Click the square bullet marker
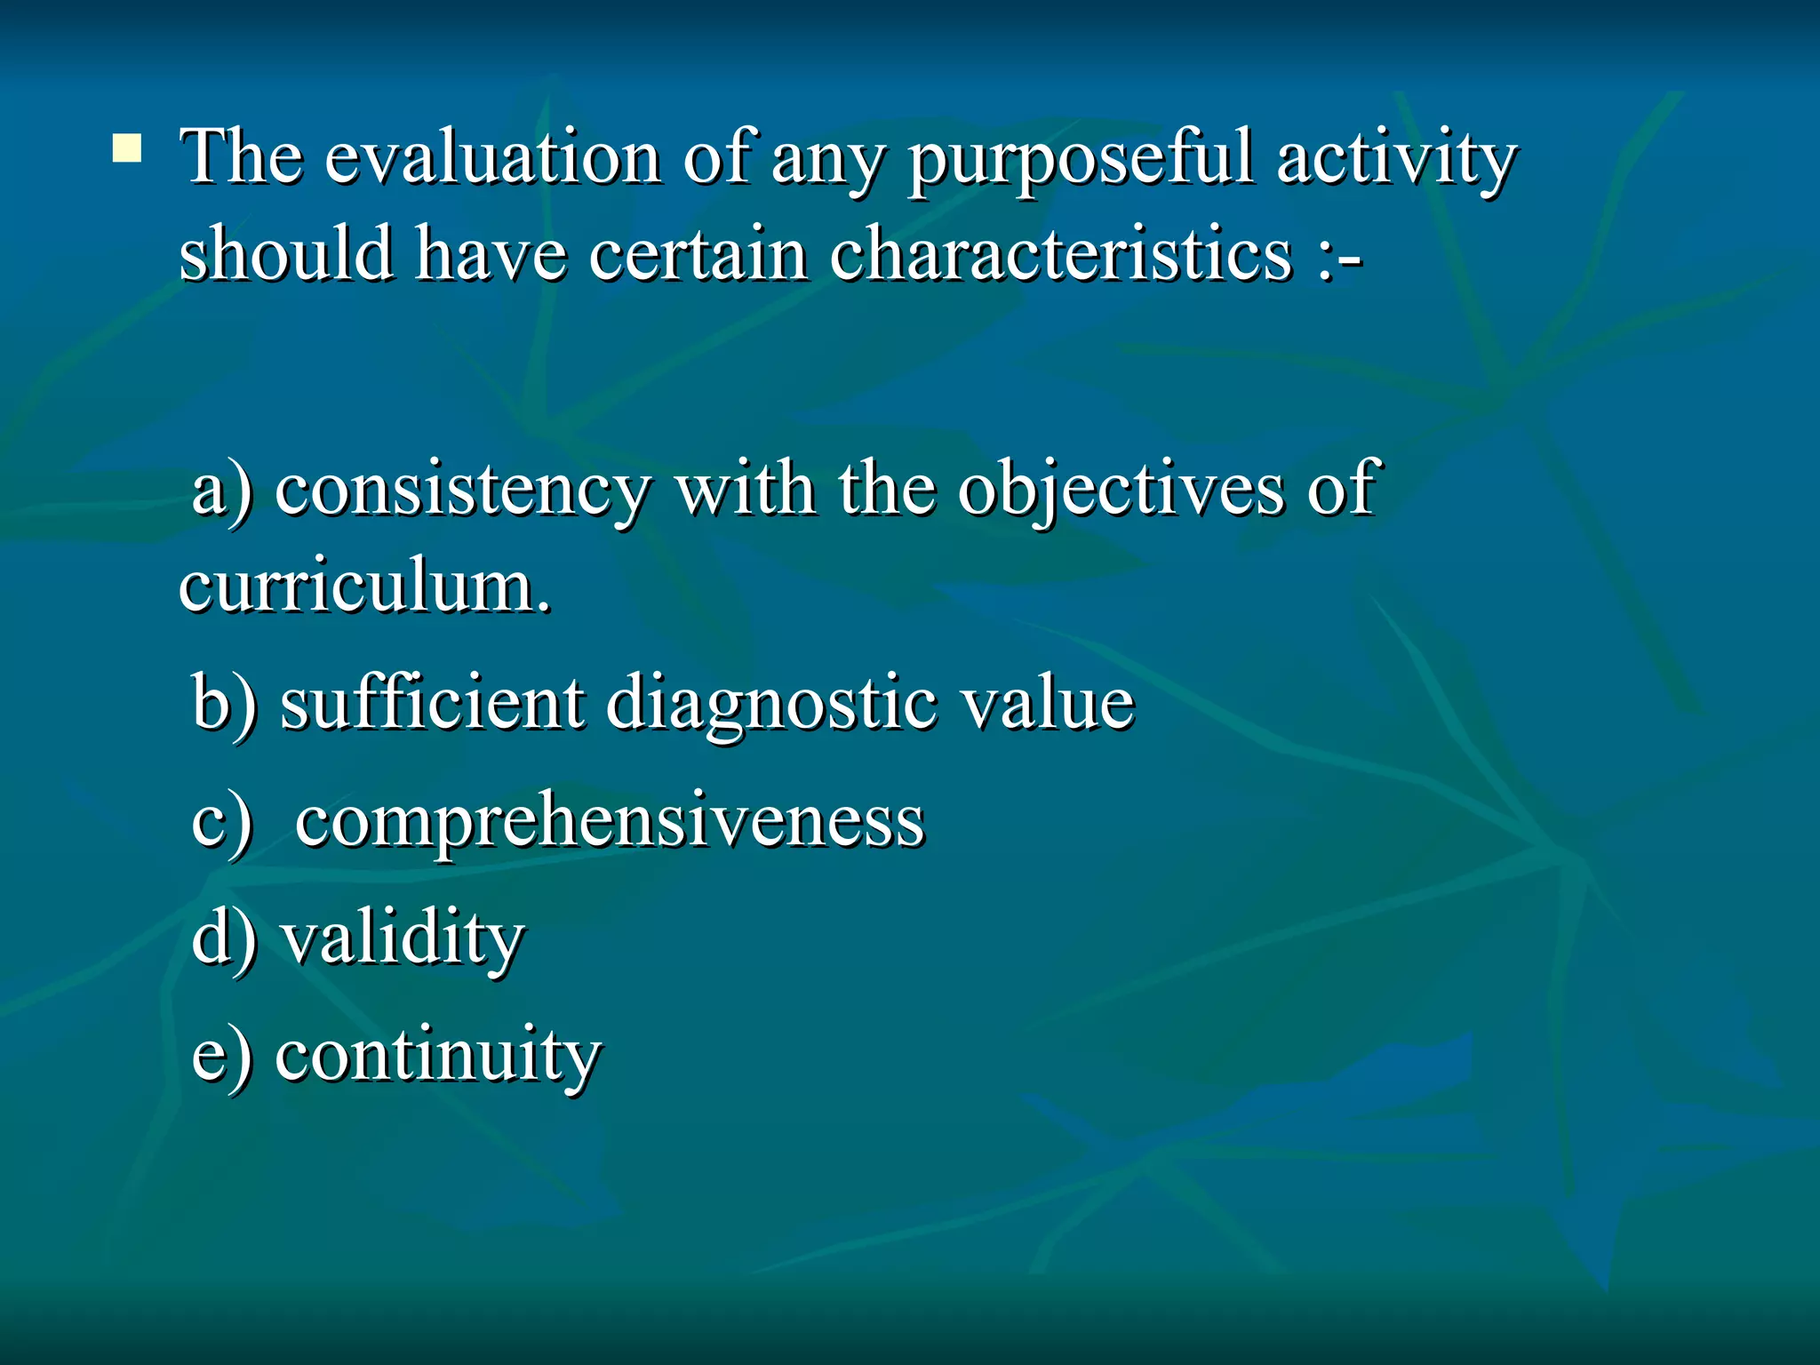(127, 148)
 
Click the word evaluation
(492, 158)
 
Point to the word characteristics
(1060, 254)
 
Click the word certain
(698, 254)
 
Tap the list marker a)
(222, 490)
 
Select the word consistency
(463, 491)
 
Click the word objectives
(1121, 491)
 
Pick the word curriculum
(365, 587)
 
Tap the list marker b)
(224, 705)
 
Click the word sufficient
(432, 703)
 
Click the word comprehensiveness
(610, 822)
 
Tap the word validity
(403, 940)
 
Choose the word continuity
(438, 1058)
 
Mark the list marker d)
(224, 938)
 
